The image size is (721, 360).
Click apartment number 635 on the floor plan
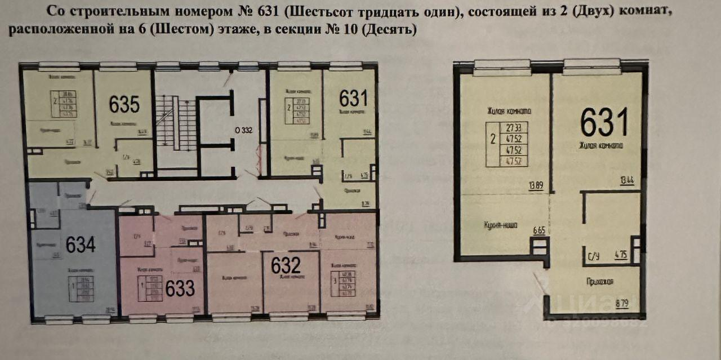[124, 104]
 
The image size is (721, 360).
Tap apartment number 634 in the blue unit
[81, 244]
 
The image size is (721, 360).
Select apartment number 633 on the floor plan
[180, 288]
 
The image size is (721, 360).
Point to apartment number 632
[286, 265]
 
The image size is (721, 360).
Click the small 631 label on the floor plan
[353, 99]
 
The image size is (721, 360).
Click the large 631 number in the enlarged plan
[604, 122]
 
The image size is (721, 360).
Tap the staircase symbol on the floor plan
[176, 122]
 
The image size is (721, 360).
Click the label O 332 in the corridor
[243, 130]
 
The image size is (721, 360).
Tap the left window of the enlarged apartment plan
[502, 68]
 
